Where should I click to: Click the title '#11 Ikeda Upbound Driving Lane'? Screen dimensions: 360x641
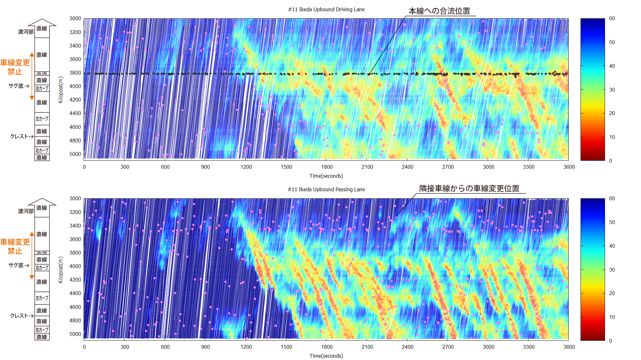326,9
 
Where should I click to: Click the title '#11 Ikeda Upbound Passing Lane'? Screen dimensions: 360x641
326,189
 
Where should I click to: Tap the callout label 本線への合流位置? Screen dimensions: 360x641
439,11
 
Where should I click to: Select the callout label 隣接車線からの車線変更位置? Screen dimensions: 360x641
469,188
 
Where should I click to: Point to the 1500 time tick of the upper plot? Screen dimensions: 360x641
286,167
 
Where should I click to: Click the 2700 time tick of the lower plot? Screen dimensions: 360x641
448,347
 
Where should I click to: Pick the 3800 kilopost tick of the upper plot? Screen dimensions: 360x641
75,73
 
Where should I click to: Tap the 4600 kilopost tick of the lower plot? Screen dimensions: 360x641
75,307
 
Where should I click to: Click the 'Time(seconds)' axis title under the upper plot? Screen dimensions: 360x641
326,176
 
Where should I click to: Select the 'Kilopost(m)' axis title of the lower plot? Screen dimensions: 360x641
60,270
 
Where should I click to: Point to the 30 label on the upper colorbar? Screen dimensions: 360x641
612,90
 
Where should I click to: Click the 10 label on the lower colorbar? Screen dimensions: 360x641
612,317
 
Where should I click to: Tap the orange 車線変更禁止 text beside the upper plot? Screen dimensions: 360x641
15,67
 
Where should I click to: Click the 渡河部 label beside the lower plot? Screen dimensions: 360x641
26,211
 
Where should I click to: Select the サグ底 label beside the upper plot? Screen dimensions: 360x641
16,86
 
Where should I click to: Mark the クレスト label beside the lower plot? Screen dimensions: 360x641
19,316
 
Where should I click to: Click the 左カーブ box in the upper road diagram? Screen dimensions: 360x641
42,119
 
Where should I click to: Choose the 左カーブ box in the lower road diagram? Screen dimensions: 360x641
42,298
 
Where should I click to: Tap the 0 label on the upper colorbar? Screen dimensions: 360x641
610,161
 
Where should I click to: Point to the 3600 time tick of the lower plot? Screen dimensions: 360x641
569,347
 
